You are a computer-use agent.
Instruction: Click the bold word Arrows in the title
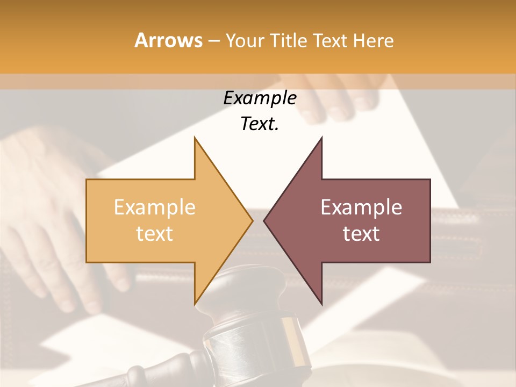pyautogui.click(x=169, y=40)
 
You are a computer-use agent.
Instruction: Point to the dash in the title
pyautogui.click(x=214, y=41)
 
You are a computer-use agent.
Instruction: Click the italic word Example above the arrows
pyautogui.click(x=260, y=98)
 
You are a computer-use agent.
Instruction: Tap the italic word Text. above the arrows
pyautogui.click(x=260, y=124)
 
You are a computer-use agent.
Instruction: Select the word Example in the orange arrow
pyautogui.click(x=154, y=207)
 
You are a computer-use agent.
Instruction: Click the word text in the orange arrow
pyautogui.click(x=154, y=234)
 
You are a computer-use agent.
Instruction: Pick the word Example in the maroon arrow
pyautogui.click(x=361, y=207)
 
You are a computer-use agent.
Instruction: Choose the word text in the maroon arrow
pyautogui.click(x=361, y=234)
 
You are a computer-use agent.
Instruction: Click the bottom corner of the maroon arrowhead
pyautogui.click(x=321, y=303)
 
